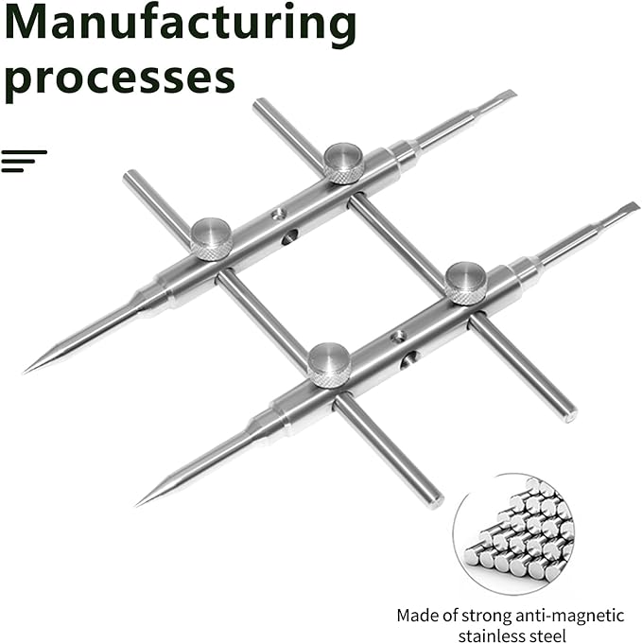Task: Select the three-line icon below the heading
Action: [x=24, y=161]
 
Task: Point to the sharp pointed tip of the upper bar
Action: [x=25, y=372]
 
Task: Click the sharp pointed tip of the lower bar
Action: [x=138, y=504]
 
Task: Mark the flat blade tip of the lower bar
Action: [x=633, y=206]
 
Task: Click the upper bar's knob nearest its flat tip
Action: [x=343, y=163]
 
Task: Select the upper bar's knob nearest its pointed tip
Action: [x=212, y=239]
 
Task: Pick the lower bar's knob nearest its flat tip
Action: [x=466, y=284]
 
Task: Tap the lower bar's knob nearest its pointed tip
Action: [x=329, y=365]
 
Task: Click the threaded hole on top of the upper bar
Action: [x=279, y=213]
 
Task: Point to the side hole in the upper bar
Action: [x=290, y=237]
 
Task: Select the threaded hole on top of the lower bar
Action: [x=398, y=337]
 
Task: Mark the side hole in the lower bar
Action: [x=409, y=360]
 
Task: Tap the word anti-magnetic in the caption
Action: [x=570, y=616]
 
